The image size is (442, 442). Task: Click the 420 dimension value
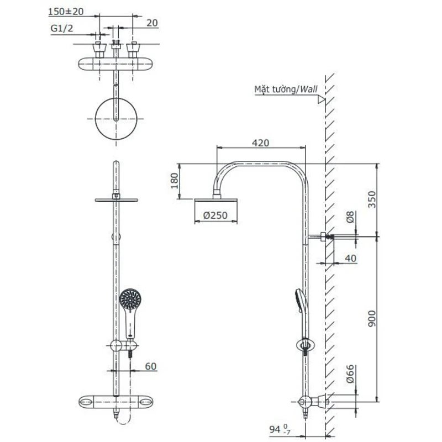tap(260, 143)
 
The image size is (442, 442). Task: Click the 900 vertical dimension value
tap(371, 318)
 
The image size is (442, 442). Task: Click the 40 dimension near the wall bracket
tap(350, 258)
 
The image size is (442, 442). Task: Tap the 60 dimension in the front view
tap(151, 366)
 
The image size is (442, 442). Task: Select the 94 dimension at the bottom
tap(276, 428)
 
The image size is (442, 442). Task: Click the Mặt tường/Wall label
tap(281, 88)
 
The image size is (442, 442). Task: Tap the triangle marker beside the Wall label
tap(320, 99)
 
